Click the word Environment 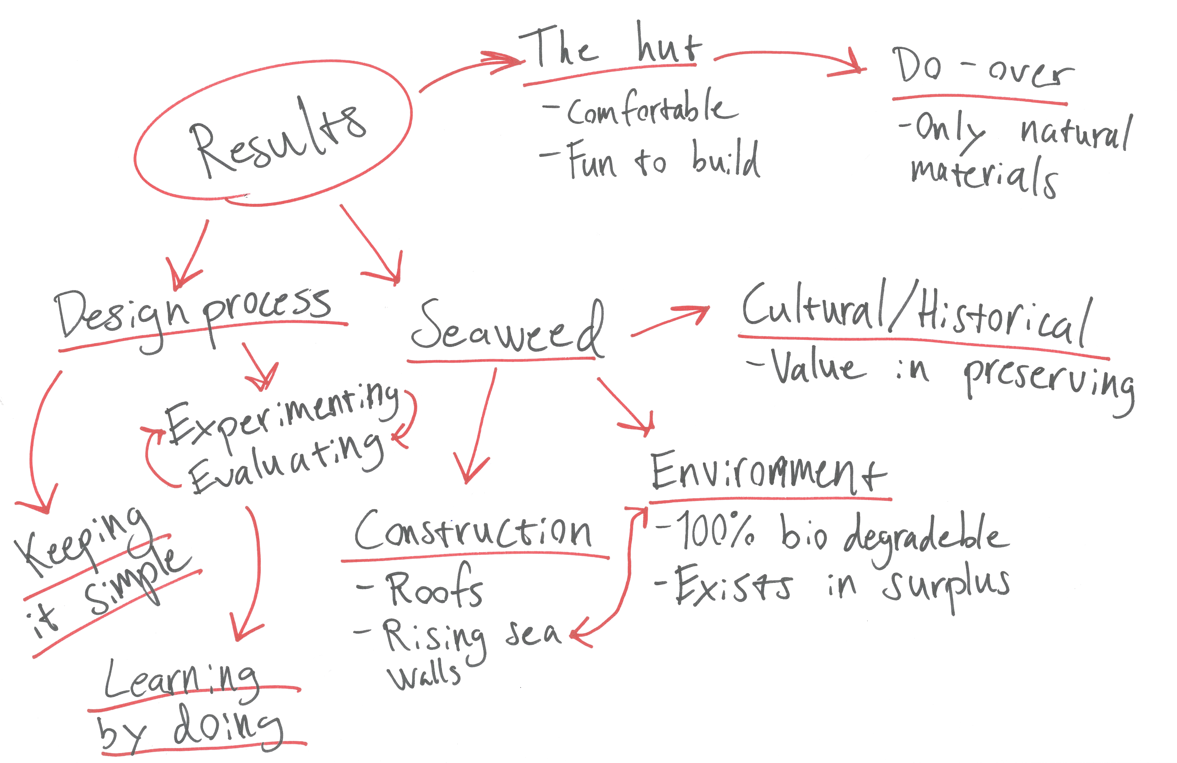tap(766, 472)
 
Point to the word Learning tap(180, 680)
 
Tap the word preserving tap(1048, 383)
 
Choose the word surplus tap(947, 586)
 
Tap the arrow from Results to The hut tap(470, 69)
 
